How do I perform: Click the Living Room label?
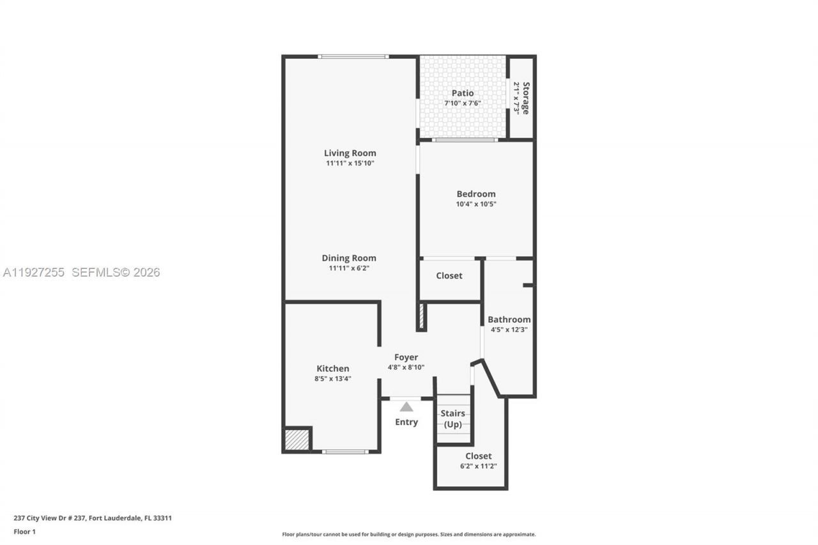(350, 153)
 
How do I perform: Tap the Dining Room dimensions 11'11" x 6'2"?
(349, 268)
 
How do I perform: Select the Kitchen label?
(333, 369)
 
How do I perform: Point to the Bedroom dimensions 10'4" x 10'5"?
(475, 204)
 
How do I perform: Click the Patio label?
(463, 93)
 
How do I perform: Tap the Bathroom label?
(509, 319)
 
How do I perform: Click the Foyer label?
(406, 357)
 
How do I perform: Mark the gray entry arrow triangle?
(406, 406)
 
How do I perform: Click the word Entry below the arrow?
(406, 422)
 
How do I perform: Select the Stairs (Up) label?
(453, 418)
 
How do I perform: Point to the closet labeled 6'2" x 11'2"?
(478, 461)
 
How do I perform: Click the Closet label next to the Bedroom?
(449, 275)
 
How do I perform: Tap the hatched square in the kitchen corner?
(297, 440)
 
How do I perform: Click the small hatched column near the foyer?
(421, 316)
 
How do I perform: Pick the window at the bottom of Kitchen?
(345, 452)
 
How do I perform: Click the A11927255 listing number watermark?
(34, 272)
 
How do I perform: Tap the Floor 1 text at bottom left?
(25, 532)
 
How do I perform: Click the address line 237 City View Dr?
(93, 518)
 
